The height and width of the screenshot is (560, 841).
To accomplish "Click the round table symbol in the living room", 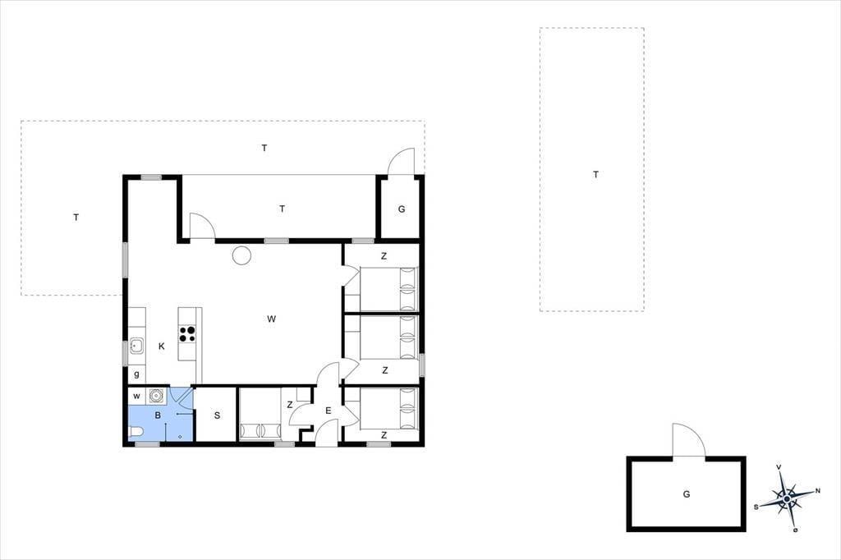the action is click(241, 255).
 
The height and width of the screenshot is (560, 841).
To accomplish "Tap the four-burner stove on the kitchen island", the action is click(187, 333).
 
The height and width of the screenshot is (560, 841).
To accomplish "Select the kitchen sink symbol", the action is click(136, 346).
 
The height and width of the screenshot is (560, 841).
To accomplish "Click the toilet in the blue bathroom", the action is click(136, 432).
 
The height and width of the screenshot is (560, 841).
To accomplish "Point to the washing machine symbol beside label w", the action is click(156, 396).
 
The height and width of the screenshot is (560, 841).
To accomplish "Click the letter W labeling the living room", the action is click(271, 319).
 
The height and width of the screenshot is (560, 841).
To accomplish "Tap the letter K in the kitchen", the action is click(162, 347).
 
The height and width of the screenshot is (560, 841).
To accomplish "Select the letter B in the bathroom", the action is click(158, 415).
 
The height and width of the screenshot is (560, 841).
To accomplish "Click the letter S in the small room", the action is click(217, 415).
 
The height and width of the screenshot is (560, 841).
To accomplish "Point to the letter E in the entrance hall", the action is click(329, 411).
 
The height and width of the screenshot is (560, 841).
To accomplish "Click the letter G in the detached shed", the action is click(687, 494).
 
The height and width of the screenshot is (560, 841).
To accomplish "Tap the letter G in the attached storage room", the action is click(402, 209).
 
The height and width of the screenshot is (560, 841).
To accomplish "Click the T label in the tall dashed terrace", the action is click(596, 174).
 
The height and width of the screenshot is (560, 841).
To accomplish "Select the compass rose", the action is click(786, 498).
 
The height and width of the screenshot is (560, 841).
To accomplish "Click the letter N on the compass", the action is click(817, 490).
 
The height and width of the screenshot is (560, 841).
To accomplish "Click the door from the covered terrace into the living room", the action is click(202, 226).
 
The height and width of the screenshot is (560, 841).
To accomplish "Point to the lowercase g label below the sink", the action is click(137, 375).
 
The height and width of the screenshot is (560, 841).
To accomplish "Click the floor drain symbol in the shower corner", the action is click(180, 437).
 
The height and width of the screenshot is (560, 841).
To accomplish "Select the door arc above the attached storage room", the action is click(401, 162).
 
